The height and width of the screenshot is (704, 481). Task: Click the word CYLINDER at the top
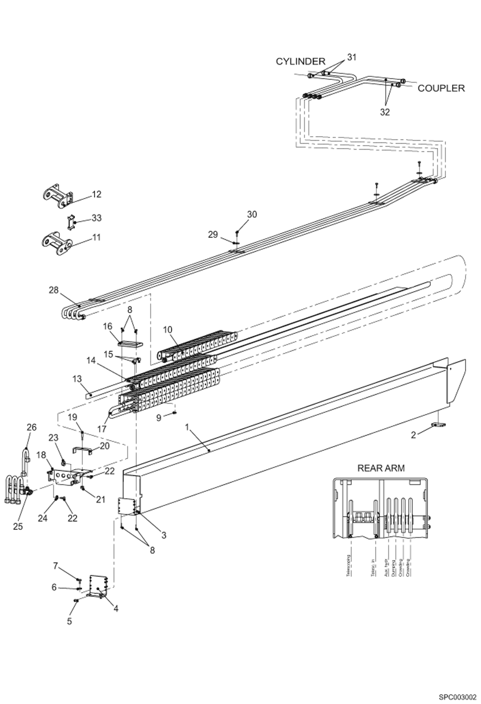click(301, 61)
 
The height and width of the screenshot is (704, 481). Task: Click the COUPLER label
click(441, 88)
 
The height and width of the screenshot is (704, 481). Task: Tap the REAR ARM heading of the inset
click(381, 468)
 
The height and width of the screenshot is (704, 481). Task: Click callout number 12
click(96, 194)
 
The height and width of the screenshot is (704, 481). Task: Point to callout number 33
click(96, 218)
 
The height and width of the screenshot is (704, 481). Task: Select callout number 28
click(54, 290)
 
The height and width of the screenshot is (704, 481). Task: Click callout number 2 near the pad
click(413, 435)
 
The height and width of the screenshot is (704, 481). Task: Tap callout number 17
click(102, 429)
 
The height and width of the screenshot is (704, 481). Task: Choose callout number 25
click(18, 526)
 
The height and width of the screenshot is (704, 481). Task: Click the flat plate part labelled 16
click(131, 344)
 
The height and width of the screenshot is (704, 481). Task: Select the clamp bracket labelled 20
click(82, 451)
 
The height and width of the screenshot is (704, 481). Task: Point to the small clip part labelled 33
click(71, 222)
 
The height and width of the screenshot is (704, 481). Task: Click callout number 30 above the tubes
click(252, 214)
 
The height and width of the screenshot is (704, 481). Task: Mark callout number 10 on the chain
click(168, 330)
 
